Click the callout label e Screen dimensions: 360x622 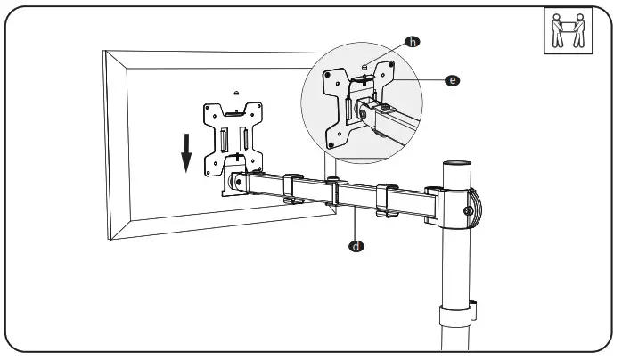[x=453, y=80]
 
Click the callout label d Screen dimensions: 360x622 [x=356, y=242]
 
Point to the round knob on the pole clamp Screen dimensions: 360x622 [x=469, y=211]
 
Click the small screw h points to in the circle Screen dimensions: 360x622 [x=365, y=67]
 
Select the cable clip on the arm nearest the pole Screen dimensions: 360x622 [x=386, y=200]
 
